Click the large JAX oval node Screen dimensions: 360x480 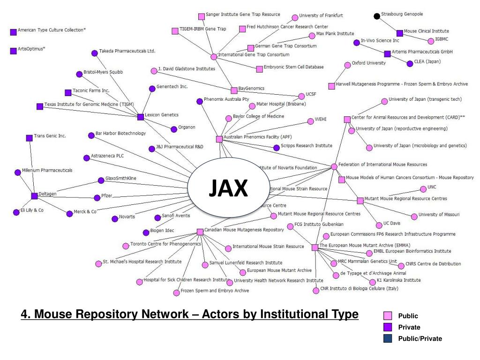(228, 189)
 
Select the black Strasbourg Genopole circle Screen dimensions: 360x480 (377, 16)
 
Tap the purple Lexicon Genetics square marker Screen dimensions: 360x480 (140, 117)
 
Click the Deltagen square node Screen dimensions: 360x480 (34, 196)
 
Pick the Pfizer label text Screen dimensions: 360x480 (107, 196)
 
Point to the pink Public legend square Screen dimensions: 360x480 (388, 316)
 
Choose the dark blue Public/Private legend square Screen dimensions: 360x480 (388, 338)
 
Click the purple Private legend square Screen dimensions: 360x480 (388, 327)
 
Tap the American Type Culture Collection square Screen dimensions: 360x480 (13, 32)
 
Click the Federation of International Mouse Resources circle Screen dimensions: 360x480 (334, 166)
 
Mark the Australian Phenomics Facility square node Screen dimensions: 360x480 (219, 139)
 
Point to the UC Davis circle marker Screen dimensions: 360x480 (379, 225)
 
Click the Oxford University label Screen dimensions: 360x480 (368, 63)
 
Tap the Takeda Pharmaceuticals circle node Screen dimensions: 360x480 (94, 53)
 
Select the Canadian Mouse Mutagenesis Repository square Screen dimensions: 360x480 (200, 232)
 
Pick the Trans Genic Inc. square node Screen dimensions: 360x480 (30, 138)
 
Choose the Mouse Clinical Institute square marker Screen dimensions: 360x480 (399, 33)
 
